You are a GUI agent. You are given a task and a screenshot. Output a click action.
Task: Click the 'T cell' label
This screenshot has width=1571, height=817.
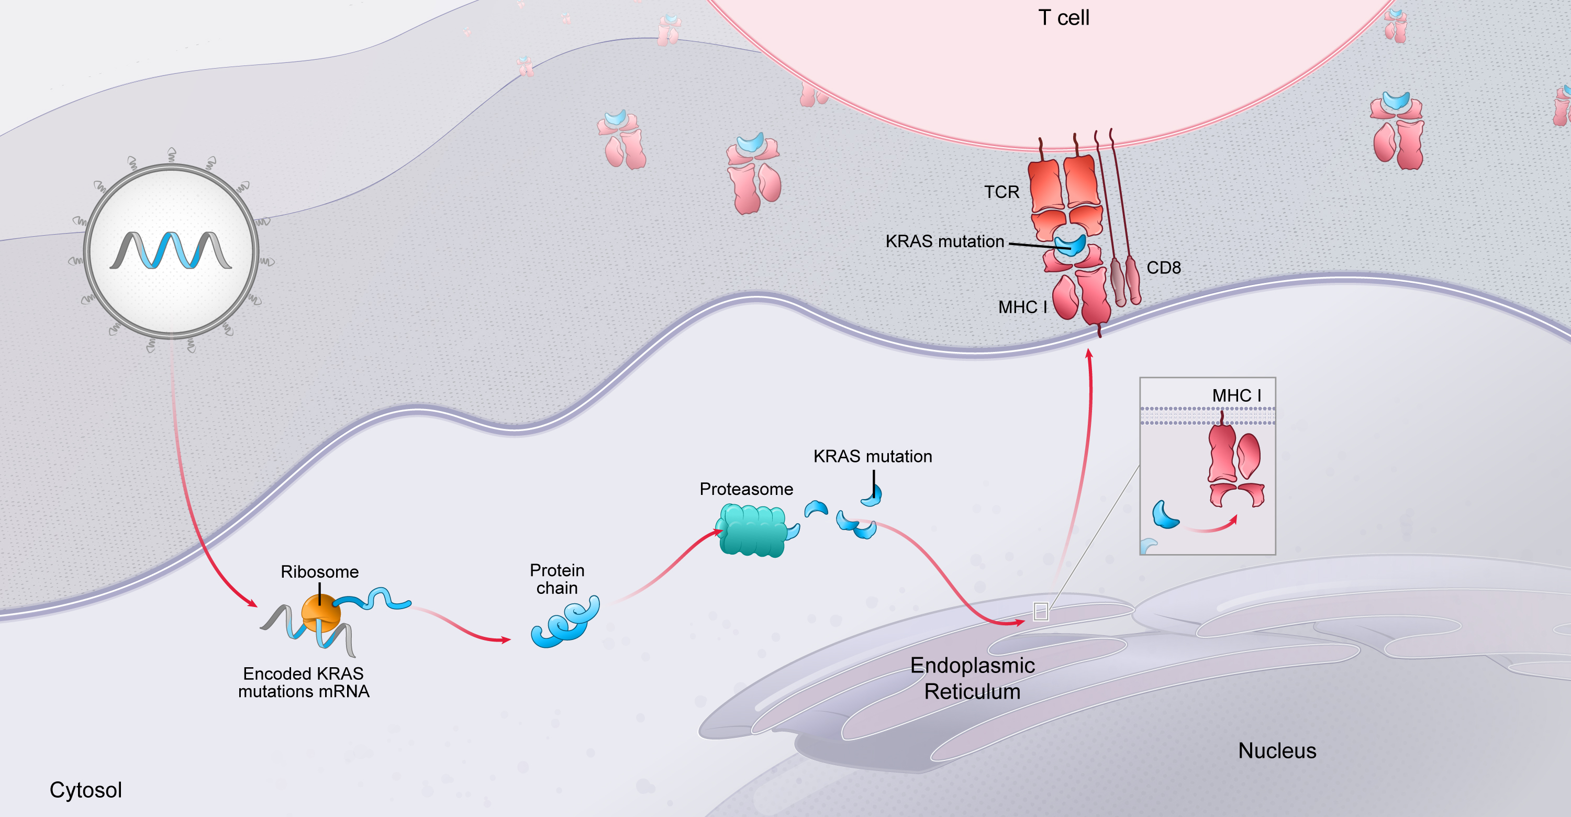[x=1064, y=18]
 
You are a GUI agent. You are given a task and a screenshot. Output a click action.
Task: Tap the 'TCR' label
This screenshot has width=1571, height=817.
[x=1001, y=192]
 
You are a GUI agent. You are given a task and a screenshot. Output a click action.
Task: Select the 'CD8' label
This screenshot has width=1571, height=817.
[x=1164, y=268]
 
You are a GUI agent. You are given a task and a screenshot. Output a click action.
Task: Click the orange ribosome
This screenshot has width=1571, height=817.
[x=321, y=612]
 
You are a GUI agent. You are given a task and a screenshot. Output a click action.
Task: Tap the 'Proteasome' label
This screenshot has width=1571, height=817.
[x=746, y=489]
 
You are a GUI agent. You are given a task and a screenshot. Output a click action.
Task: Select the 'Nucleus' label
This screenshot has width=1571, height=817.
[x=1277, y=750]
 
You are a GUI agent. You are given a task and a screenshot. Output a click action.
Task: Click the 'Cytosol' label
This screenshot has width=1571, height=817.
[x=85, y=790]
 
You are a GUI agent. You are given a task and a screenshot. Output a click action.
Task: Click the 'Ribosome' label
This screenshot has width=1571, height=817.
[x=319, y=572]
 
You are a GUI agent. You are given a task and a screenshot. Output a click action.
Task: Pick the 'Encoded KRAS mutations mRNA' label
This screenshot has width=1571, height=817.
[x=304, y=683]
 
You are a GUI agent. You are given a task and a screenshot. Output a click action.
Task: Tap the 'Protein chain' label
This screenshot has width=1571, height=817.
[x=557, y=579]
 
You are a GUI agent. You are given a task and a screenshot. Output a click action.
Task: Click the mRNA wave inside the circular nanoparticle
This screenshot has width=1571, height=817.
[x=171, y=251]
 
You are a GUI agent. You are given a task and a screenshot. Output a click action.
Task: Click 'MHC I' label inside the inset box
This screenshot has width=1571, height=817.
[x=1236, y=395]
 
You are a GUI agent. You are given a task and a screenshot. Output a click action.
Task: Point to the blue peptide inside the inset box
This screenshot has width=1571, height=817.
[x=1164, y=515]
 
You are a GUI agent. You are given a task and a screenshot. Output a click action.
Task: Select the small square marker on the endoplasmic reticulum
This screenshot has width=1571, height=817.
[x=1040, y=611]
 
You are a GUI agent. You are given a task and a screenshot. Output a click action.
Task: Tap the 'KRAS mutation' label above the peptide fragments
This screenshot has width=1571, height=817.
[x=872, y=456]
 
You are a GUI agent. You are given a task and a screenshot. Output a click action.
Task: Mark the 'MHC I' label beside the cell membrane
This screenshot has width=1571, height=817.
[x=1022, y=307]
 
